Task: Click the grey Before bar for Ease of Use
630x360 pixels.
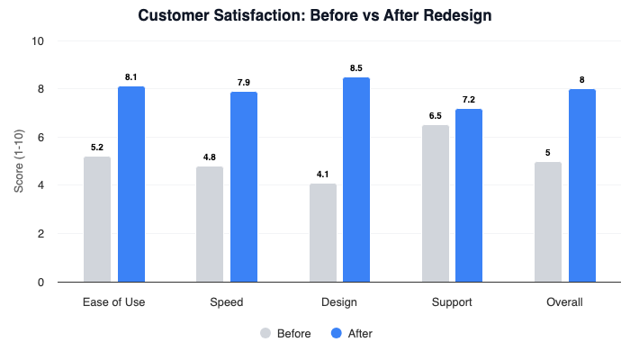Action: (x=97, y=220)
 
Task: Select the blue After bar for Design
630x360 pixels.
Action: (x=356, y=180)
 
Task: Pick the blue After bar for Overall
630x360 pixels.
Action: (x=581, y=185)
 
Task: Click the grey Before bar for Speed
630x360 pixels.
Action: (x=210, y=224)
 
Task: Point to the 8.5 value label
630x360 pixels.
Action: (x=356, y=67)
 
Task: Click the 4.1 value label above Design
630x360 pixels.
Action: (x=322, y=174)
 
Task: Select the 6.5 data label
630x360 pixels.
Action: (x=435, y=116)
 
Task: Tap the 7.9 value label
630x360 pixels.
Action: (x=244, y=82)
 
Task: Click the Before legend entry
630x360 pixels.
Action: (x=286, y=333)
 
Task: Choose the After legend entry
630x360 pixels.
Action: (x=352, y=333)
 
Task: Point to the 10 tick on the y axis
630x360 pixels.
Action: (x=39, y=41)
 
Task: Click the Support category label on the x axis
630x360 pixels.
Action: (x=452, y=301)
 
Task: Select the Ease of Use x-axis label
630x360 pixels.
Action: (x=114, y=301)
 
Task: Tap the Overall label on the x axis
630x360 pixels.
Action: (x=564, y=301)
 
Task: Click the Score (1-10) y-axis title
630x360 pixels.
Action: (x=19, y=162)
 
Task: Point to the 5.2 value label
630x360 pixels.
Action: (x=97, y=147)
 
